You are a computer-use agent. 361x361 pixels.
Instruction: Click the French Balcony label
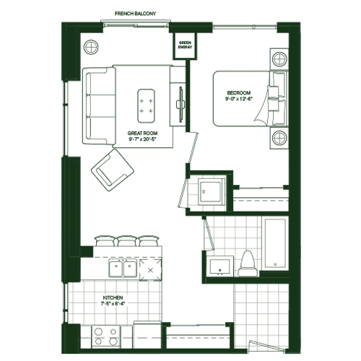pyautogui.click(x=135, y=14)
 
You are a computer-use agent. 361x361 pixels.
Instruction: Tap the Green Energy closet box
pyautogui.click(x=185, y=45)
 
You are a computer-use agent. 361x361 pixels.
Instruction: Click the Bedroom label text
pyautogui.click(x=239, y=92)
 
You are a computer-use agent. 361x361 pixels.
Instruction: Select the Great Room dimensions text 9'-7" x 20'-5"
pyautogui.click(x=143, y=139)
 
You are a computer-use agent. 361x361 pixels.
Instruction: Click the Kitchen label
pyautogui.click(x=113, y=297)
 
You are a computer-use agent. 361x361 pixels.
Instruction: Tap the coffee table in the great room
pyautogui.click(x=146, y=106)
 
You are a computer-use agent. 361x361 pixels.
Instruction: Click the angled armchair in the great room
pyautogui.click(x=113, y=170)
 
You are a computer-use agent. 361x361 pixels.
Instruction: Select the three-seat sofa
pyautogui.click(x=99, y=106)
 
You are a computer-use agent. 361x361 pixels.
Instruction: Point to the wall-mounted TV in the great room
pyautogui.click(x=180, y=105)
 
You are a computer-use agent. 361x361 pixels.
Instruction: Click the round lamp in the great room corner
pyautogui.click(x=91, y=47)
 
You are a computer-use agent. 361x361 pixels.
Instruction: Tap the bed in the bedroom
pyautogui.click(x=251, y=98)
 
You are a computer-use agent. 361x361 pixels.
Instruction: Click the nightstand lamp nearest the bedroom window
pyautogui.click(x=279, y=59)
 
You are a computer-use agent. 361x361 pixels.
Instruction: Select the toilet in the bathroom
pyautogui.click(x=248, y=263)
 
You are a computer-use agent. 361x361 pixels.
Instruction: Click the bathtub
pyautogui.click(x=275, y=243)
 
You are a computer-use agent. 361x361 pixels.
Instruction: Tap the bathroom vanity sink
pyautogui.click(x=219, y=267)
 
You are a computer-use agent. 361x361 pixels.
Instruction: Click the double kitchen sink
pyautogui.click(x=123, y=268)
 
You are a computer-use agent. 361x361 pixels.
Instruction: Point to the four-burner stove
pyautogui.click(x=106, y=336)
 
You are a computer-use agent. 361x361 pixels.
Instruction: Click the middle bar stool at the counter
pyautogui.click(x=126, y=241)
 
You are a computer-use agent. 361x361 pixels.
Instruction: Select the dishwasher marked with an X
pyautogui.click(x=151, y=270)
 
